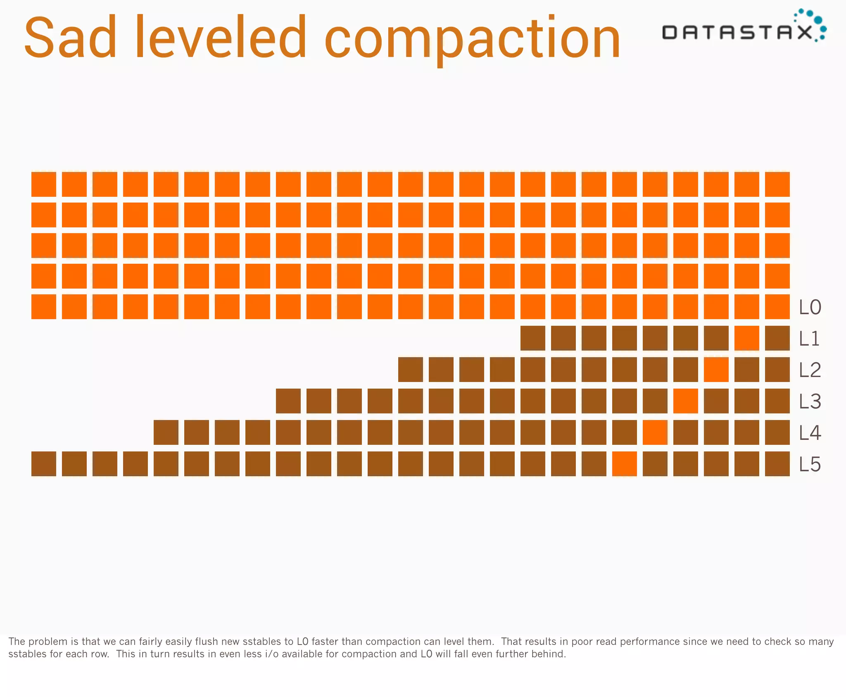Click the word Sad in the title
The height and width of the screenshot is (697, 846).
pyautogui.click(x=70, y=38)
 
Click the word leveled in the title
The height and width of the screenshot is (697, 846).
pyautogui.click(x=221, y=38)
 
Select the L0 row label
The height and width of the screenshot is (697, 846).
pyautogui.click(x=810, y=308)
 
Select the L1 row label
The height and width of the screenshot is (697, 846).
pyautogui.click(x=809, y=339)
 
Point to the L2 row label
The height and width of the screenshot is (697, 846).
pyautogui.click(x=810, y=370)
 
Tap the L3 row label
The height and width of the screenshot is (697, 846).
pyautogui.click(x=810, y=402)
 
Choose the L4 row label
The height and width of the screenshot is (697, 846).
pyautogui.click(x=810, y=433)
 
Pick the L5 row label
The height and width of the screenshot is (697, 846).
pyautogui.click(x=810, y=465)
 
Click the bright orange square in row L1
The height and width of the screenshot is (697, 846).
pyautogui.click(x=747, y=338)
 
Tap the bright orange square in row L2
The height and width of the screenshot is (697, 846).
pyautogui.click(x=716, y=370)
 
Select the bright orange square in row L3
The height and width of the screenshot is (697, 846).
pyautogui.click(x=686, y=401)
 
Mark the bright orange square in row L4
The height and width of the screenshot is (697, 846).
pyautogui.click(x=655, y=432)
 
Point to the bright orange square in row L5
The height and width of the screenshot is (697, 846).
pyautogui.click(x=625, y=464)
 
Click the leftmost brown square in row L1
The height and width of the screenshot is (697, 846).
pyautogui.click(x=533, y=338)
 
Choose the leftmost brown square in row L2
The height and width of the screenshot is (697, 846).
pyautogui.click(x=411, y=370)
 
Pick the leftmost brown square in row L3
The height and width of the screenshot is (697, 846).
pyautogui.click(x=288, y=401)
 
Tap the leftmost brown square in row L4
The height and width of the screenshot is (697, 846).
pyautogui.click(x=166, y=432)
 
